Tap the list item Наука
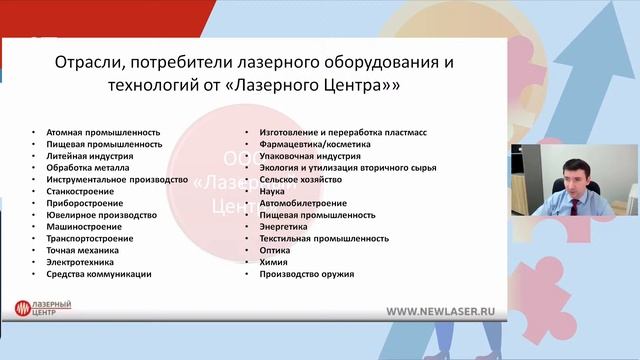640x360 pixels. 273,191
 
